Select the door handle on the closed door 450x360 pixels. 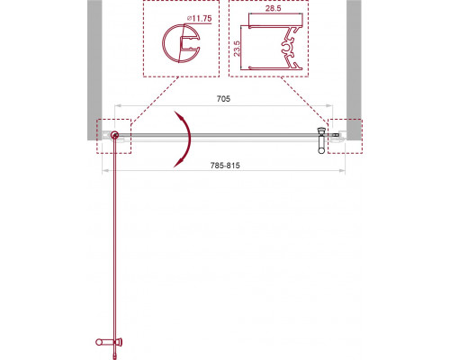coord(320,139)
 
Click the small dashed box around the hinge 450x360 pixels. coord(114,135)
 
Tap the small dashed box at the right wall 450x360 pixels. coord(343,135)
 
